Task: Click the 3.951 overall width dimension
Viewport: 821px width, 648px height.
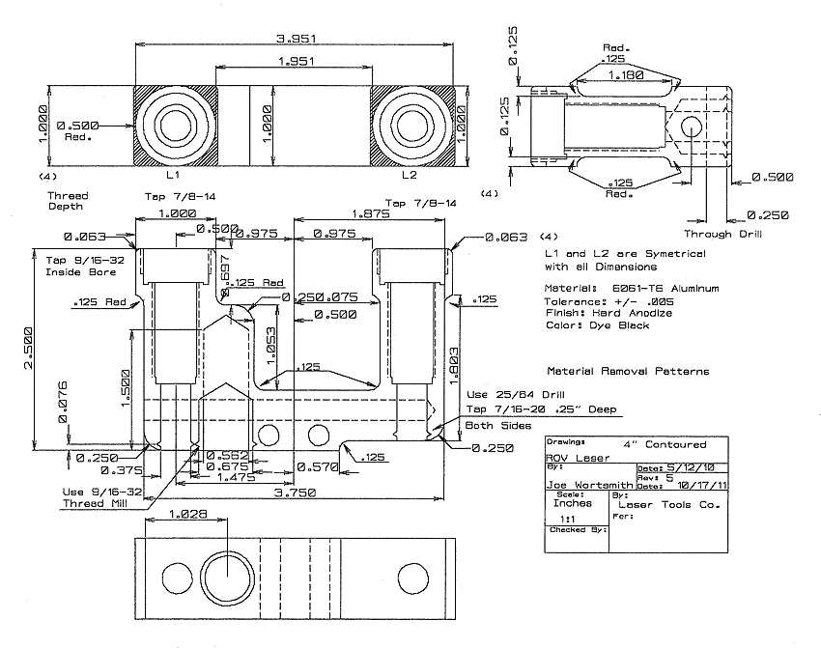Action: [297, 39]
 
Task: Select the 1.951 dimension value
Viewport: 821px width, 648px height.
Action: [297, 62]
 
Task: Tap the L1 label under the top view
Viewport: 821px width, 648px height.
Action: [172, 176]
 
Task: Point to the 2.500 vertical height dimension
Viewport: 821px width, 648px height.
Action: [28, 349]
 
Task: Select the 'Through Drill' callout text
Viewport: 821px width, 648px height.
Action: [722, 234]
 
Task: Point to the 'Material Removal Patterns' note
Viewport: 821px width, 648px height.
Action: [628, 371]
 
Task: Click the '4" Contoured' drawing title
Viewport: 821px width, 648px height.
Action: [665, 445]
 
